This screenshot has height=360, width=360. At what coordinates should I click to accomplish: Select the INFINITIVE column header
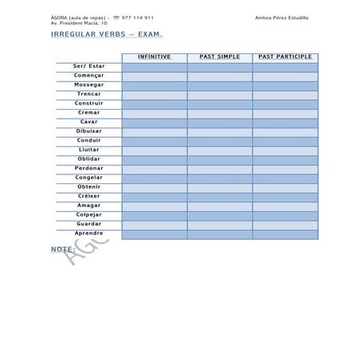(x=154, y=57)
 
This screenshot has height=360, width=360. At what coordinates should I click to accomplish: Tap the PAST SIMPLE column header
(x=219, y=57)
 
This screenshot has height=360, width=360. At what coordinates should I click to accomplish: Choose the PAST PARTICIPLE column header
(x=284, y=57)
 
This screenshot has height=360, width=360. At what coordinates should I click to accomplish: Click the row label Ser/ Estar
(x=88, y=66)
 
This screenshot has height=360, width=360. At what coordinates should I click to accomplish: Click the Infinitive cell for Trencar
(x=154, y=94)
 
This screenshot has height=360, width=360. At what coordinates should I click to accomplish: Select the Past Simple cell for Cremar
(x=219, y=112)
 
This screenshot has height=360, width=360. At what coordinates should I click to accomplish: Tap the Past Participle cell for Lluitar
(x=284, y=150)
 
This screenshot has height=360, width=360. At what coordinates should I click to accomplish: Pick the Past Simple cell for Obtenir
(x=219, y=186)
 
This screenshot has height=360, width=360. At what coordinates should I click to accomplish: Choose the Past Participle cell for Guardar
(x=284, y=224)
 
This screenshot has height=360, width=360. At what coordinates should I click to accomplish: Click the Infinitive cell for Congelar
(x=154, y=178)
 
